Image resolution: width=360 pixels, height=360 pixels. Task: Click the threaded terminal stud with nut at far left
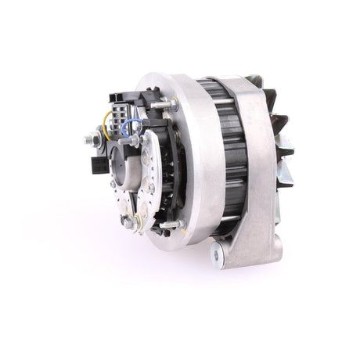(88, 140)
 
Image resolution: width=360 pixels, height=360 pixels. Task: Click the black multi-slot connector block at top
(121, 102)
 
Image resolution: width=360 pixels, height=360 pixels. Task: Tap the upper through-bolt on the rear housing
(167, 104)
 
